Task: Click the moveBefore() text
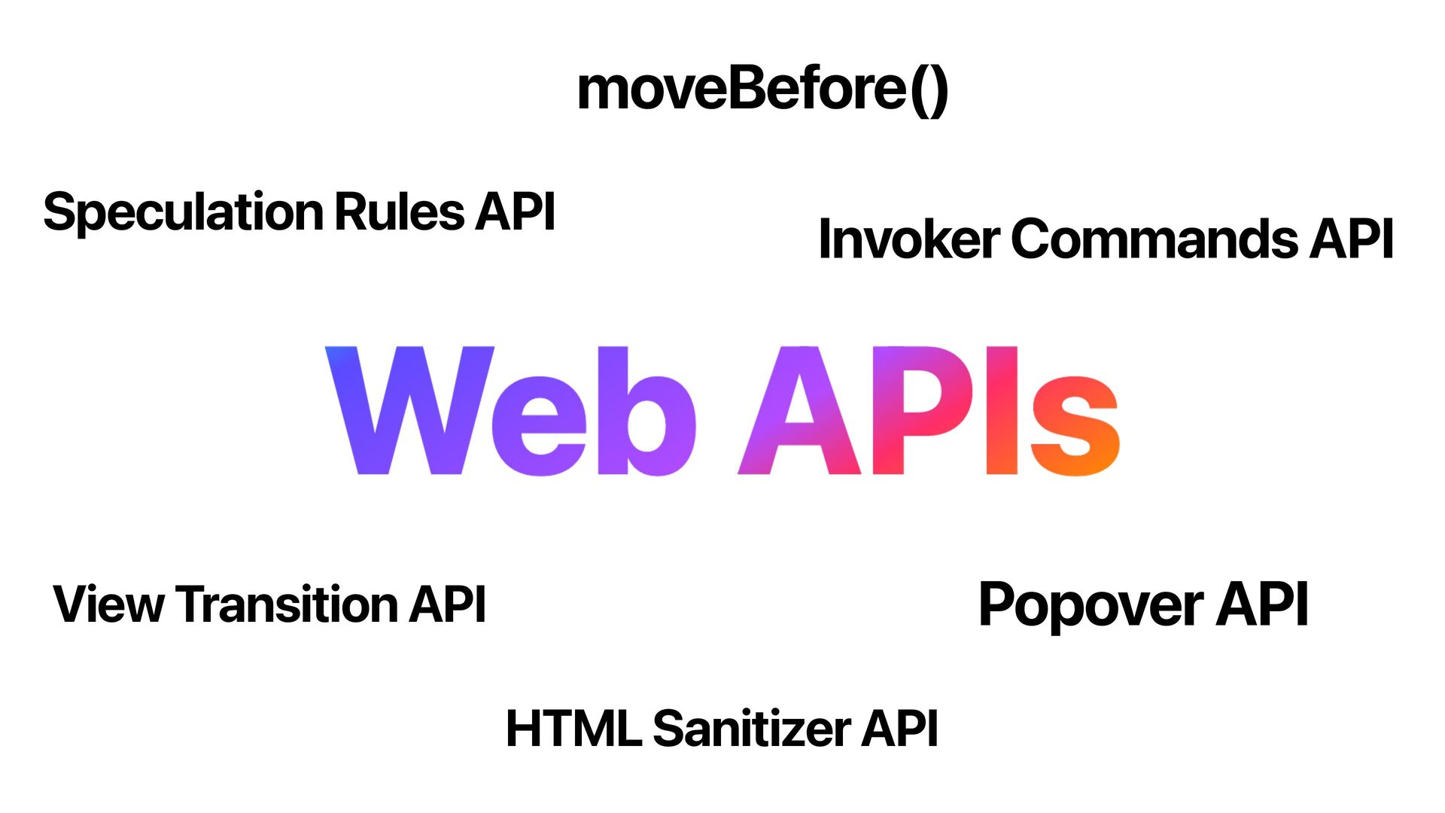coord(762,90)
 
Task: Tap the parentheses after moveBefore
coord(929,91)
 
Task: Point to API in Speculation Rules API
coord(516,212)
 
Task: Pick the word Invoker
coord(908,239)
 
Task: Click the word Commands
coord(1155,239)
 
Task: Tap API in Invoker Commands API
coord(1352,239)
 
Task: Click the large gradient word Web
coord(510,411)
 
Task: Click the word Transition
coord(288,604)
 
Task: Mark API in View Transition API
coord(448,604)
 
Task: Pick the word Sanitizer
coord(752,729)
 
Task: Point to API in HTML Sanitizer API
coord(900,729)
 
